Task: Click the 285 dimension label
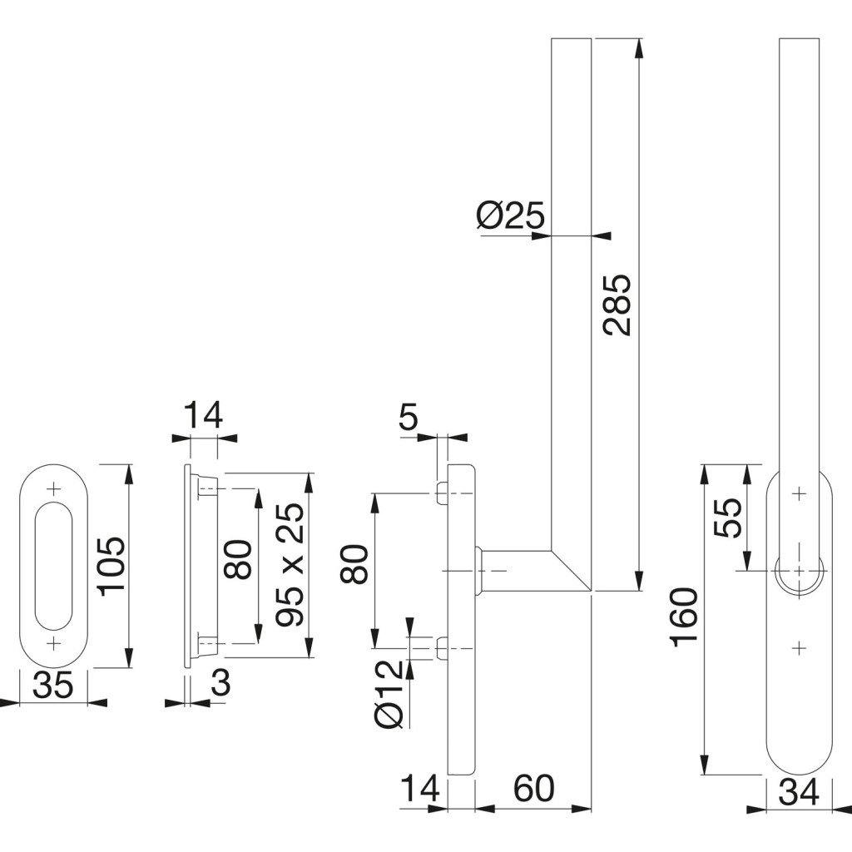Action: (617, 304)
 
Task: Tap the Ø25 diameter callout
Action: (510, 217)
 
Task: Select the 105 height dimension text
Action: (111, 566)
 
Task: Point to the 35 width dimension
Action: (52, 686)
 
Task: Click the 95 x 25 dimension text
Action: (291, 567)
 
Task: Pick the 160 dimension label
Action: (684, 617)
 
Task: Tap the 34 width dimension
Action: (798, 793)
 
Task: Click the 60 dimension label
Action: (532, 789)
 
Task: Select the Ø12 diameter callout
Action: (390, 694)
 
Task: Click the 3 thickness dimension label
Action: (220, 684)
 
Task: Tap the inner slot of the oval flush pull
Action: (53, 566)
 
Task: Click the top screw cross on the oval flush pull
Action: (54, 488)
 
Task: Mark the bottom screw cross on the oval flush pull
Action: (54, 643)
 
